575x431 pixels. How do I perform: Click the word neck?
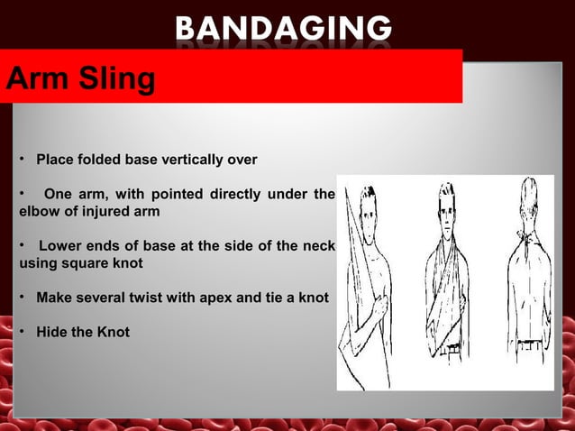tap(318, 246)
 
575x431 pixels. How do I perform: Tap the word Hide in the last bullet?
tap(50, 332)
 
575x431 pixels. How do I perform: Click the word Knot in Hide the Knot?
tap(113, 332)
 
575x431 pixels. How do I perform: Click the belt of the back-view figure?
tap(523, 344)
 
